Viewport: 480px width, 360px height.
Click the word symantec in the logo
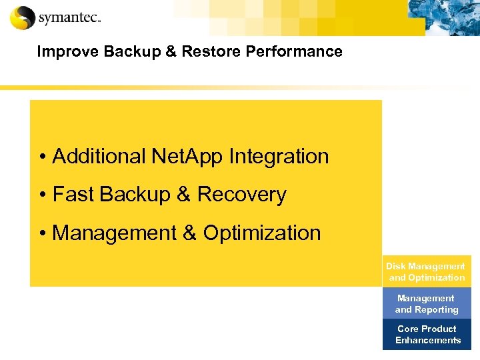[68, 19]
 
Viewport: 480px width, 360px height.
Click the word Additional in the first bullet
[99, 157]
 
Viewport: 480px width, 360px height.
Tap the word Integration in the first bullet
[279, 157]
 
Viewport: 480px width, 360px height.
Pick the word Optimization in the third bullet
[262, 233]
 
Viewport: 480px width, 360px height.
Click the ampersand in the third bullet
[189, 233]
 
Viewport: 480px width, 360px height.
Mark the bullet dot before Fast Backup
[42, 195]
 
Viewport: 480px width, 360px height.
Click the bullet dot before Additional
[42, 157]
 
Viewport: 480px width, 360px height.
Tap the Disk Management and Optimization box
[427, 271]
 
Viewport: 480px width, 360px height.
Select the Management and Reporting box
[427, 303]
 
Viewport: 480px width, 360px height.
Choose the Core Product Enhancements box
[427, 334]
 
